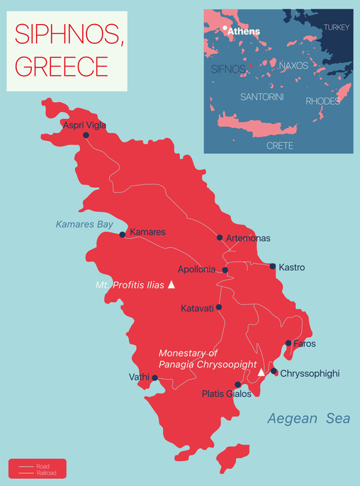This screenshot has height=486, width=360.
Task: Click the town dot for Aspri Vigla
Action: click(x=86, y=135)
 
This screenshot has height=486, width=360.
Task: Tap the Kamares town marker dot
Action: click(x=123, y=234)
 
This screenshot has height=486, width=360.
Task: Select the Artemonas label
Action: click(x=248, y=239)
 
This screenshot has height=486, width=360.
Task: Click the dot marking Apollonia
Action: click(x=225, y=270)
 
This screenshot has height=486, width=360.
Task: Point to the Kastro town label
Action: click(x=292, y=268)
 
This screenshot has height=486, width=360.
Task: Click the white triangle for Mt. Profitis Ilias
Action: click(x=171, y=285)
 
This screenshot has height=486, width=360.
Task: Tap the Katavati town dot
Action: click(x=219, y=307)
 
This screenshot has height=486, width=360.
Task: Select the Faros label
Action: click(x=305, y=344)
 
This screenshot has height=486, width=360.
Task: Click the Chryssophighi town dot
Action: click(x=274, y=371)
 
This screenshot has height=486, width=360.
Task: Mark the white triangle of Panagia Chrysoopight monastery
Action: click(x=261, y=372)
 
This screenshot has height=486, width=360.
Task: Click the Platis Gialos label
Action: click(x=226, y=395)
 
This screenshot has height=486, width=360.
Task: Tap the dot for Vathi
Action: click(x=155, y=378)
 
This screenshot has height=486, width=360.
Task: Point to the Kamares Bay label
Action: click(x=84, y=225)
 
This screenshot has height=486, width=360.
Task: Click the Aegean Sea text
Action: click(x=308, y=419)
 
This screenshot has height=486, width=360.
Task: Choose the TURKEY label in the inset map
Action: click(x=336, y=27)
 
